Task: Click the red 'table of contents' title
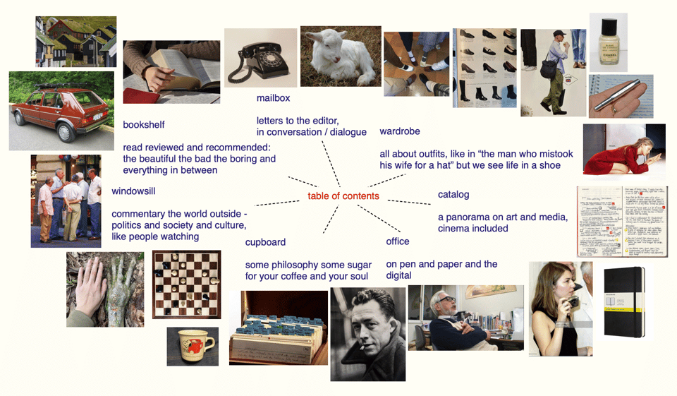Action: point(343,196)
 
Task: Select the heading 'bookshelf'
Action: point(144,124)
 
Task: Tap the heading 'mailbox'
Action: point(274,98)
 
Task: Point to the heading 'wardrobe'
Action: point(400,131)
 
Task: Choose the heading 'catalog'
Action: point(453,195)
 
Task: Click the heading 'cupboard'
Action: point(265,242)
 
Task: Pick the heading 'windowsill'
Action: point(133,191)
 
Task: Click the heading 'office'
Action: point(398,241)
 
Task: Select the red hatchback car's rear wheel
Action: point(66,133)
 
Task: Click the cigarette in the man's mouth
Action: point(362,347)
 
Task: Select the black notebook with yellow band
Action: point(625,301)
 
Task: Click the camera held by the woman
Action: point(572,301)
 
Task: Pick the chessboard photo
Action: point(186,284)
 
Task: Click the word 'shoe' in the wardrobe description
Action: point(549,165)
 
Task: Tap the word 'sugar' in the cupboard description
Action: point(359,265)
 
